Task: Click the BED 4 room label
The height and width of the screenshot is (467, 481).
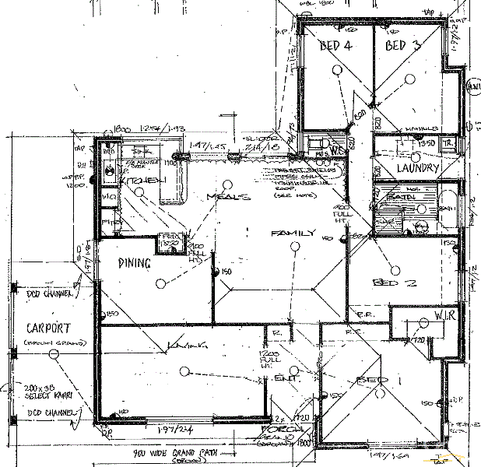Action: click(336, 45)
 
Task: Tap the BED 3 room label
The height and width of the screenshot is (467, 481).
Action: click(402, 45)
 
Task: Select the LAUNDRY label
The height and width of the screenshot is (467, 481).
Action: click(418, 167)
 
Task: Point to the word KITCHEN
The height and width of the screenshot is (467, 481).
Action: click(143, 181)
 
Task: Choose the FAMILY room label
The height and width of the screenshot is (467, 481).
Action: click(293, 233)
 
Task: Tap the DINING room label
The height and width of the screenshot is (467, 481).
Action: click(134, 263)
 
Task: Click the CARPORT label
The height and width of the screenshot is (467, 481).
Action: click(48, 328)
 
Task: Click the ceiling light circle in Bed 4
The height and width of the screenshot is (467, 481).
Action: click(336, 69)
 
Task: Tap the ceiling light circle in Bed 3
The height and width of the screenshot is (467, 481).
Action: click(409, 76)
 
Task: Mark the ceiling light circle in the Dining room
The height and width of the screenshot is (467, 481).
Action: click(160, 283)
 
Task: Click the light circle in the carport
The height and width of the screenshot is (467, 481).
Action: click(53, 355)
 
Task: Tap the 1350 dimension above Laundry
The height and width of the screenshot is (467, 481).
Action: click(426, 144)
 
